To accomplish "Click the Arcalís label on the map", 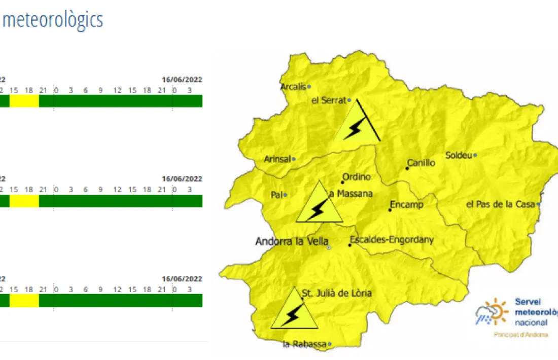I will [293, 87].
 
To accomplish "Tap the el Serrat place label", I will [328, 100].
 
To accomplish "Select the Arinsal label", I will [277, 159].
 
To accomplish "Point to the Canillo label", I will [421, 163].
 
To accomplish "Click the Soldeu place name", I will [459, 155].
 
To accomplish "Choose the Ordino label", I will [357, 177].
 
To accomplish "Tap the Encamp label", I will [406, 205].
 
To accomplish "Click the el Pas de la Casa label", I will [500, 204].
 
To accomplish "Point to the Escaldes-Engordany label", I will [392, 240].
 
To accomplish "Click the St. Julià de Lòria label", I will [337, 293].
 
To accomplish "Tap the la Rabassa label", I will [304, 345].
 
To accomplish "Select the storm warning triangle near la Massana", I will [319, 205].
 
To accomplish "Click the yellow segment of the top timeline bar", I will [24, 101].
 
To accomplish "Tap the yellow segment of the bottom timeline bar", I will [24, 301].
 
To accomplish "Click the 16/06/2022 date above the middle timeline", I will [182, 179].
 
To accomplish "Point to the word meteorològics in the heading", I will [53, 20].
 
